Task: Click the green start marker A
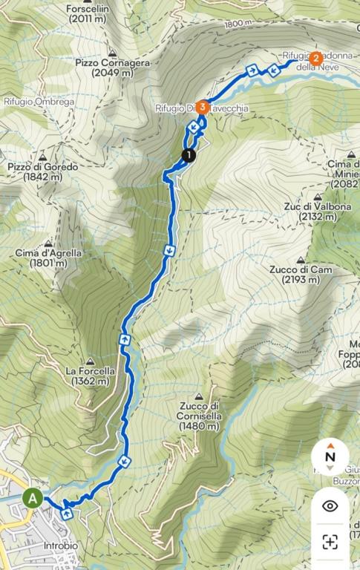click(x=32, y=499)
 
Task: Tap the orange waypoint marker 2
click(x=316, y=58)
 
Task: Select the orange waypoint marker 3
click(x=203, y=106)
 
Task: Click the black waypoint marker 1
click(x=189, y=154)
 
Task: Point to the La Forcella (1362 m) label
click(x=90, y=376)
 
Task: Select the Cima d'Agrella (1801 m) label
click(x=48, y=258)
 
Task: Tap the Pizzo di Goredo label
click(x=43, y=172)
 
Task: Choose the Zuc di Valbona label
click(x=317, y=212)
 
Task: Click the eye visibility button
click(x=330, y=505)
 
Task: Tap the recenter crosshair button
click(x=330, y=541)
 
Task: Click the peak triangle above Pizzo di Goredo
click(x=43, y=157)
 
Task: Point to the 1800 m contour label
click(x=239, y=24)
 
